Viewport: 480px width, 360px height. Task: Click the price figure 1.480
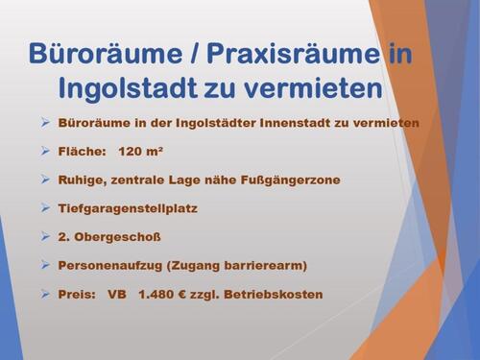point(163,293)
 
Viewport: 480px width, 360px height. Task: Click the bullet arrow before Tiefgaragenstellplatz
point(45,207)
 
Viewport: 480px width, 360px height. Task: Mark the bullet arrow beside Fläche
point(45,151)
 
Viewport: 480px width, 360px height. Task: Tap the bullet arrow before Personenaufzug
point(45,264)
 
